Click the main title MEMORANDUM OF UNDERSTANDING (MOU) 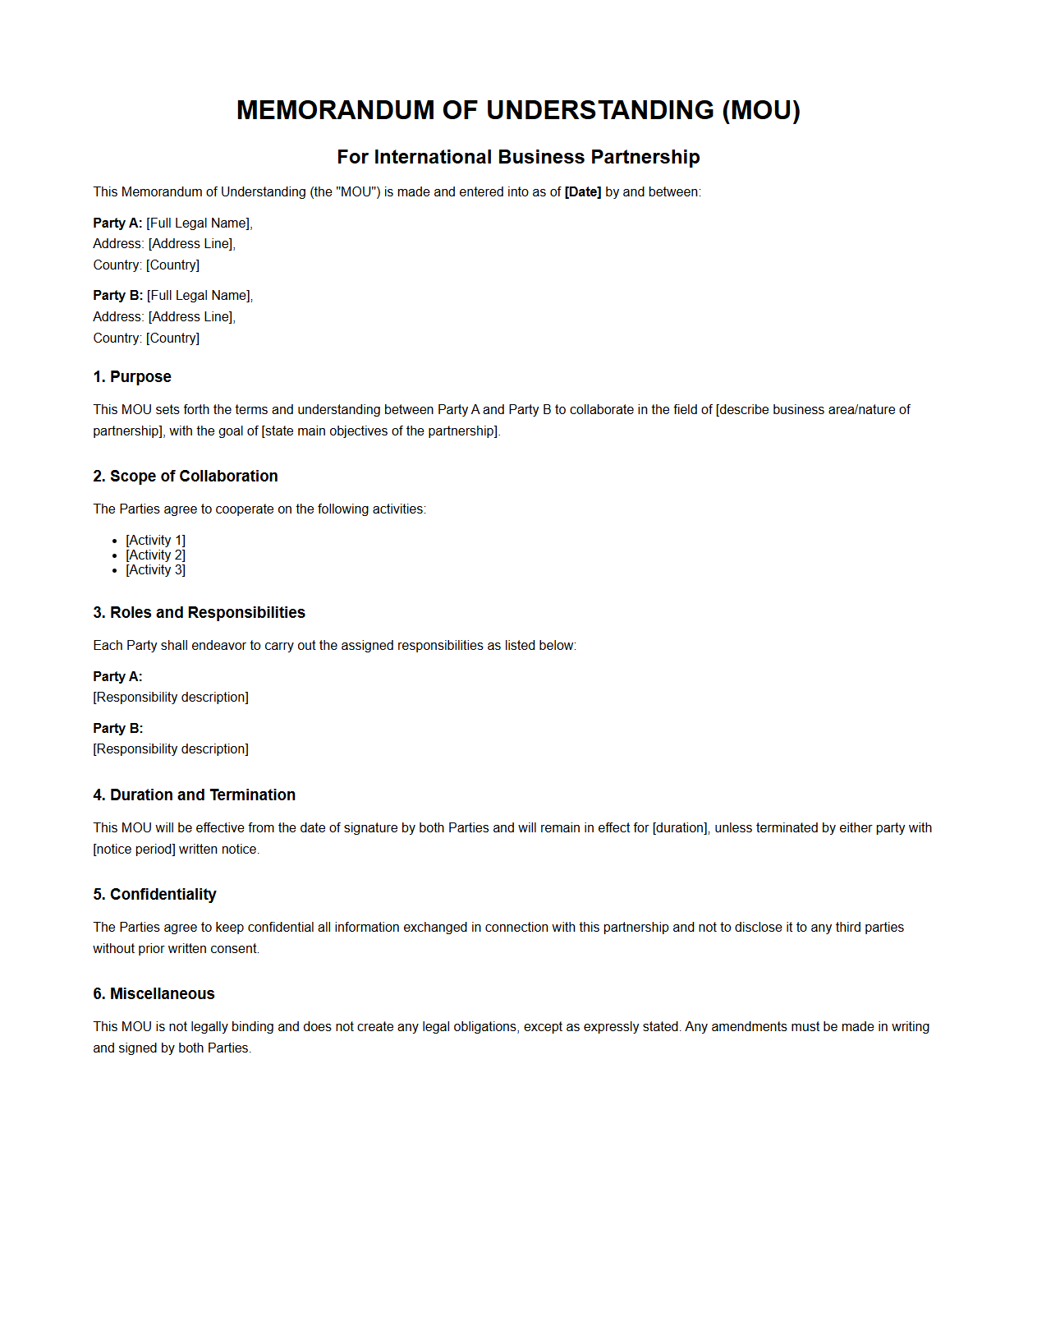click(x=518, y=110)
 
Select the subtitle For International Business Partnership click(x=518, y=157)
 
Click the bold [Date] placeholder click(x=583, y=191)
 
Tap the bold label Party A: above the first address click(x=117, y=223)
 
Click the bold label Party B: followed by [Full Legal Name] click(x=117, y=295)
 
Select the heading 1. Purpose click(x=132, y=376)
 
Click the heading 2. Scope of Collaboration click(x=186, y=476)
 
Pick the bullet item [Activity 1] click(x=155, y=540)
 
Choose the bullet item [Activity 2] click(x=155, y=555)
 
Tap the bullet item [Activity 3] click(x=155, y=569)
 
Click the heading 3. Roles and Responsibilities click(x=199, y=612)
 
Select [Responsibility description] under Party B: click(x=171, y=749)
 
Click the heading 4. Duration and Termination click(x=194, y=795)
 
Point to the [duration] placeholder click(x=680, y=827)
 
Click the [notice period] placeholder click(x=134, y=849)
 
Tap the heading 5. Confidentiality click(x=154, y=894)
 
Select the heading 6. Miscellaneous click(x=154, y=993)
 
